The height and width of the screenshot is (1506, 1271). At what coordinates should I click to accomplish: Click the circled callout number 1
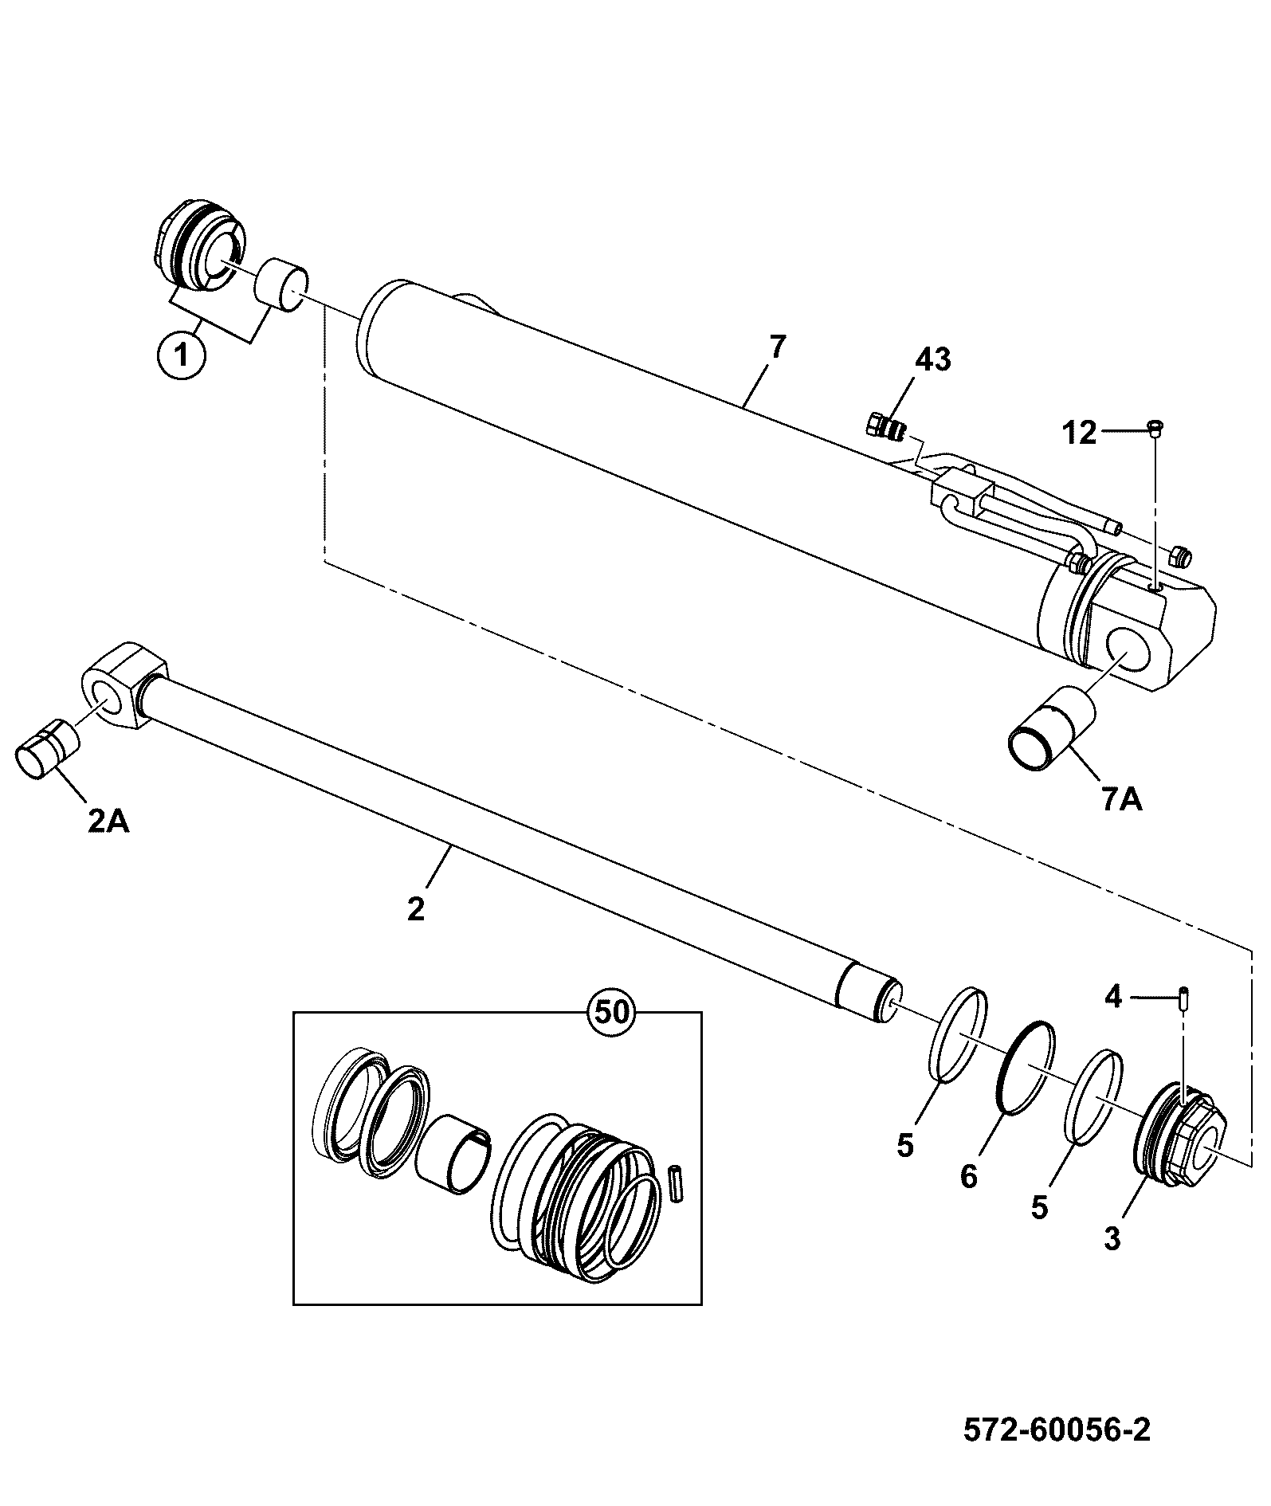[x=182, y=355]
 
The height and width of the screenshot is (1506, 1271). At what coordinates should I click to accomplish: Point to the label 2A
[x=108, y=821]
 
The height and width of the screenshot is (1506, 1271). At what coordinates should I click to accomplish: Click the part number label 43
[x=933, y=360]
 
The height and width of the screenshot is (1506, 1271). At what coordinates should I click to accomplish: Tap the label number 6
[x=968, y=1177]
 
